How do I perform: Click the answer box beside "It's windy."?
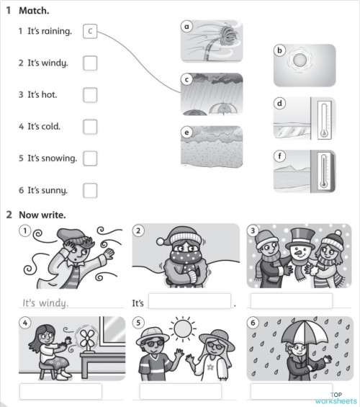pos(90,63)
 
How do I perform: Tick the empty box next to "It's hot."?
pos(90,95)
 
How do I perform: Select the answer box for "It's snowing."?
pos(90,158)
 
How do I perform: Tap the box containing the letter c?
pos(89,32)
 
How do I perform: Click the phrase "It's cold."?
pos(44,127)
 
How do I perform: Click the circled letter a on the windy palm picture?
pos(186,27)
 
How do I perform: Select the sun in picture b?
pos(298,61)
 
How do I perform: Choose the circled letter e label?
pos(186,133)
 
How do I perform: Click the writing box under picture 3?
pos(291,300)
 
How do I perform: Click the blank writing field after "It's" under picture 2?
pos(189,301)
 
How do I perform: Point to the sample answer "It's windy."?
pos(45,303)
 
